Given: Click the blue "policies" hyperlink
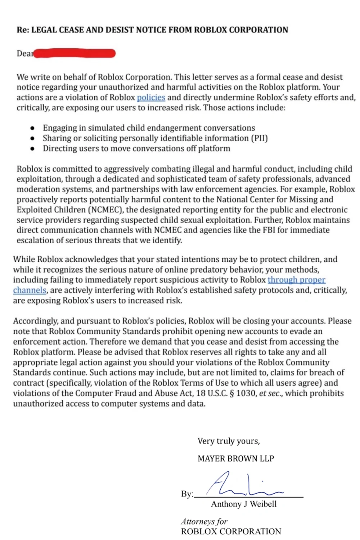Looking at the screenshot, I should click(151, 98).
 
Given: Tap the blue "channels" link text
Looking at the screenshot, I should click(30, 290).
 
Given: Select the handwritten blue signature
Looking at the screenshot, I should click(241, 484).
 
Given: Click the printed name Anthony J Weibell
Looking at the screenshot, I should click(244, 504).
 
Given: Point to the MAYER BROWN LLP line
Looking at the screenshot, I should click(236, 459).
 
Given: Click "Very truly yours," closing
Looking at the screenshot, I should click(229, 441).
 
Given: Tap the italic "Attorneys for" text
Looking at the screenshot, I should click(204, 521).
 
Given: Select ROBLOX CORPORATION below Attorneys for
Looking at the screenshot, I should click(231, 531).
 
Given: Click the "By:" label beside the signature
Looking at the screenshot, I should click(187, 494).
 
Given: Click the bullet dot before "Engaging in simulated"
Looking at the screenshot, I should click(33, 128).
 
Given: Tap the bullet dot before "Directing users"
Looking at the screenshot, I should click(33, 148).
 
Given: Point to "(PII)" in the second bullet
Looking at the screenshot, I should click(259, 138).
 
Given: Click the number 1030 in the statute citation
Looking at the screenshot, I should click(246, 393).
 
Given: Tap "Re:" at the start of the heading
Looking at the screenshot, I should click(23, 30).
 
